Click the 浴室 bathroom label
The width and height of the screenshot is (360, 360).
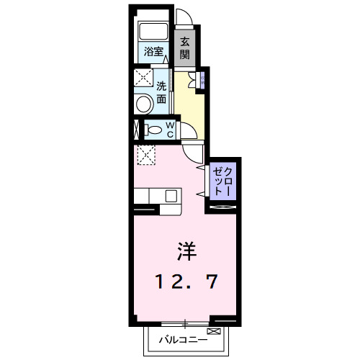153,51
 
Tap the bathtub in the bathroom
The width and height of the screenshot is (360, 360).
153,32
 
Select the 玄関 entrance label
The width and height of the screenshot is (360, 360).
186,48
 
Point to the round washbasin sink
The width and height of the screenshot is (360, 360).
143,104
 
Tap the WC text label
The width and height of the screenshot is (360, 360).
170,130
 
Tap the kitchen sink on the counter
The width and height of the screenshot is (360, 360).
171,195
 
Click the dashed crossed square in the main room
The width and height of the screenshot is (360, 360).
145,153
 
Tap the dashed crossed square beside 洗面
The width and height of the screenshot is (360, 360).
141,78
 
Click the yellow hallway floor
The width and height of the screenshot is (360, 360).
189,108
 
